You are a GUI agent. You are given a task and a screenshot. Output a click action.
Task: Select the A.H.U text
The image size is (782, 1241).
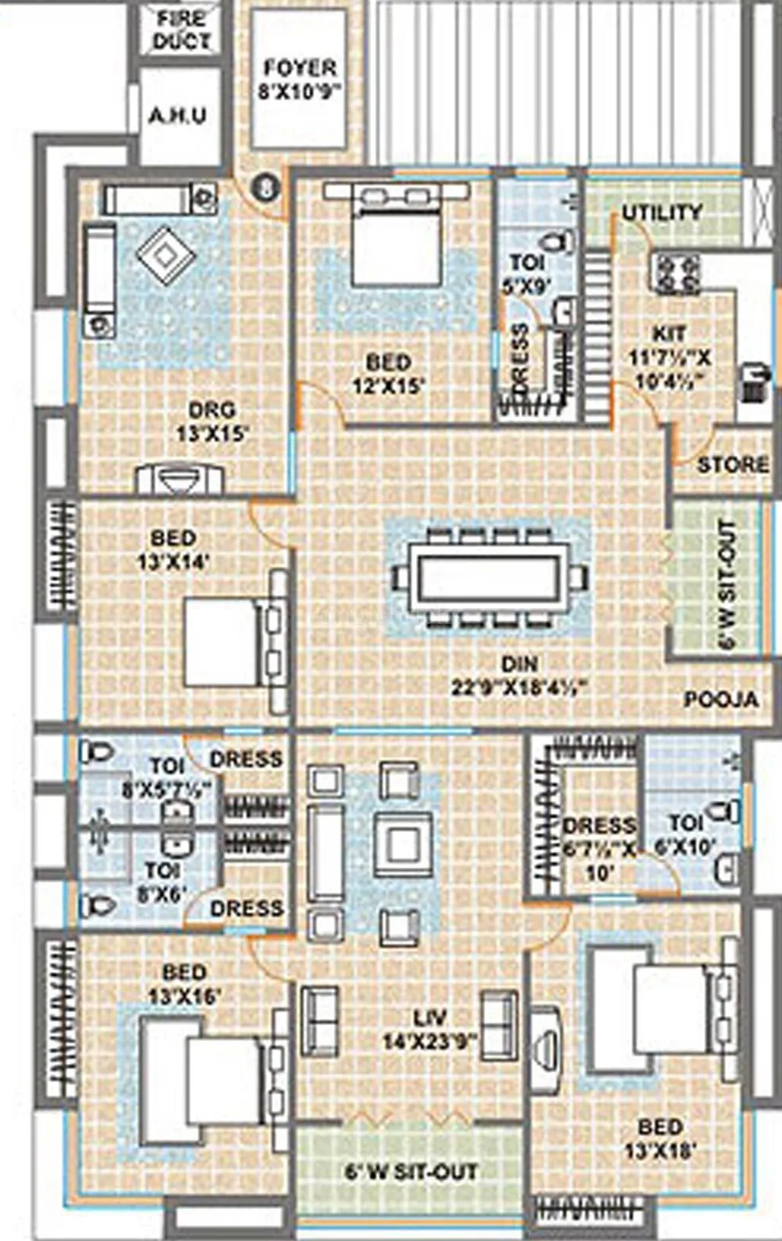click(x=177, y=116)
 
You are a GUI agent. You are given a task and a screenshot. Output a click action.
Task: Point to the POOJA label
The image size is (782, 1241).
click(x=720, y=699)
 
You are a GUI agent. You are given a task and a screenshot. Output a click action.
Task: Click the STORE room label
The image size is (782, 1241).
click(x=733, y=464)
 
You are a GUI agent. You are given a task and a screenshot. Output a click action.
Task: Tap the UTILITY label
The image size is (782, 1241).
click(x=662, y=213)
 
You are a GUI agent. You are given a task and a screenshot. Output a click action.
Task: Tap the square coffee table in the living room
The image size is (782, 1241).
click(x=404, y=842)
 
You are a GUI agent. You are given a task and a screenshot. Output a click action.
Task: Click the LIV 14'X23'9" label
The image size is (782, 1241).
click(x=429, y=1028)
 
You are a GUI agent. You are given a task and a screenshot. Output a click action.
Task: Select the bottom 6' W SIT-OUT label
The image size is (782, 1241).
click(x=411, y=1171)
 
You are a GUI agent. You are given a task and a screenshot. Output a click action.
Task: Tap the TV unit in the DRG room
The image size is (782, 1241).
click(x=179, y=480)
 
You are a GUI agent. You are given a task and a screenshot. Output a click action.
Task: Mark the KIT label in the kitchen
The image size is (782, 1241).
click(x=669, y=333)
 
